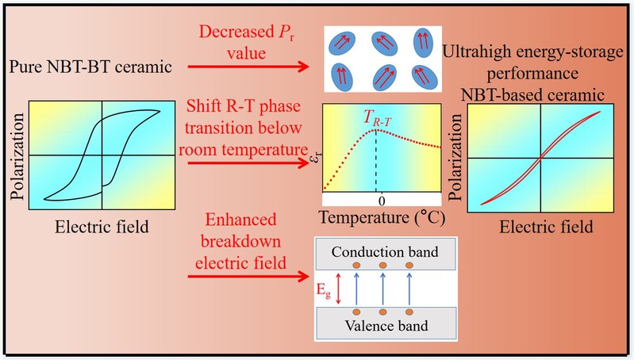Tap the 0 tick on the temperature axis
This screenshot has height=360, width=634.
381,197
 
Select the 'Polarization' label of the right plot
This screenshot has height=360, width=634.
456,158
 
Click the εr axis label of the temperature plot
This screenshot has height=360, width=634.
313,164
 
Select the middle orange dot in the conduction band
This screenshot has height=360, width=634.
382,265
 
